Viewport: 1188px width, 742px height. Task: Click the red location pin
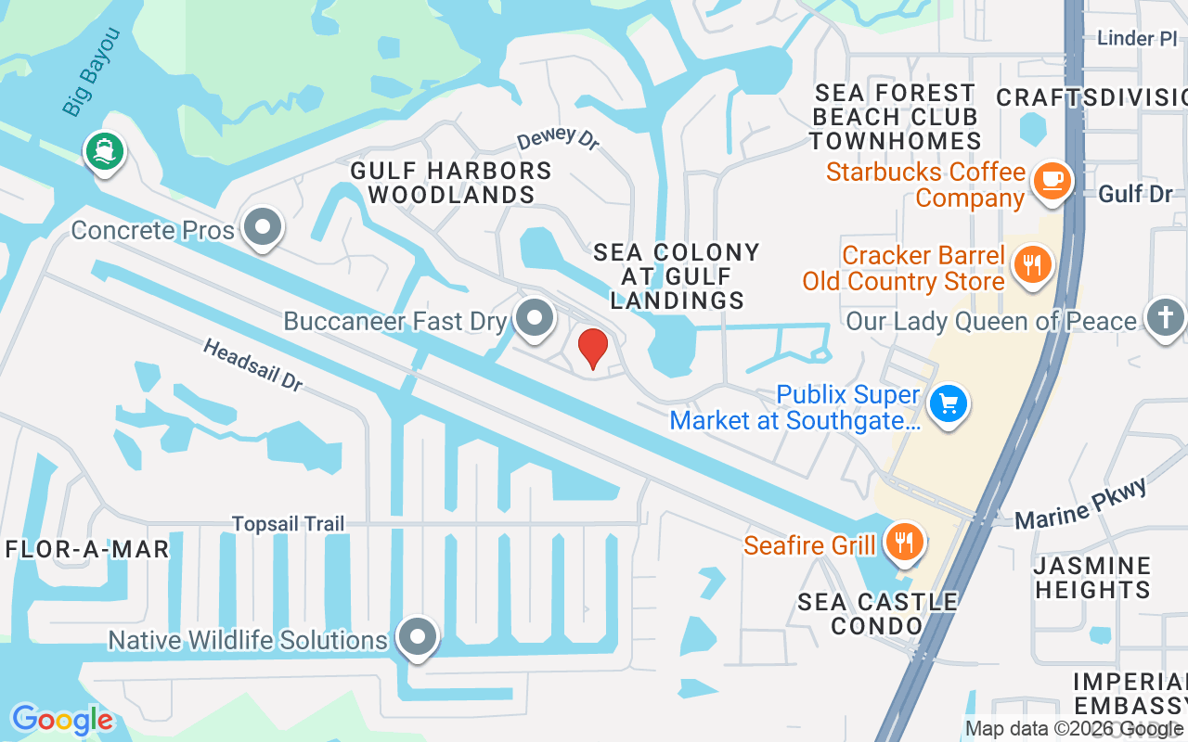click(x=593, y=348)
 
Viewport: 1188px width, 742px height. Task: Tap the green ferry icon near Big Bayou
click(x=104, y=151)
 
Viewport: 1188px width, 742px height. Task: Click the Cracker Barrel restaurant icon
click(x=1030, y=264)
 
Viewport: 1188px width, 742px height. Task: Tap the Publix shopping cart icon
click(x=948, y=404)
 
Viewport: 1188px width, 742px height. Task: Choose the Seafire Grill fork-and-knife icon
click(x=903, y=541)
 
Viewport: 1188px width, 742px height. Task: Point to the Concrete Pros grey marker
click(x=263, y=226)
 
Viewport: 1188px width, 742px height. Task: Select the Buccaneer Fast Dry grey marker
click(x=534, y=319)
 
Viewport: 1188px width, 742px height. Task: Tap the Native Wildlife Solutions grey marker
click(x=417, y=637)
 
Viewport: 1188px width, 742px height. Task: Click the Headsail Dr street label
click(x=252, y=365)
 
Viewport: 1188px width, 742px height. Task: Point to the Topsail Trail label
click(x=288, y=524)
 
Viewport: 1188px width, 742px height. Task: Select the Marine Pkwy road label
click(x=1081, y=505)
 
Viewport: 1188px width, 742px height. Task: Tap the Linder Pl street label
click(x=1136, y=39)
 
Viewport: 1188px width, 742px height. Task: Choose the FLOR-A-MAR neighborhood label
click(x=87, y=549)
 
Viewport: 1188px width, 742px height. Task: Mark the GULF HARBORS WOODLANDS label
click(x=451, y=183)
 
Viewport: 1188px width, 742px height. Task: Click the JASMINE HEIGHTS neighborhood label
click(x=1092, y=577)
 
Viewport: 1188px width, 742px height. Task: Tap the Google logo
click(x=62, y=720)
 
